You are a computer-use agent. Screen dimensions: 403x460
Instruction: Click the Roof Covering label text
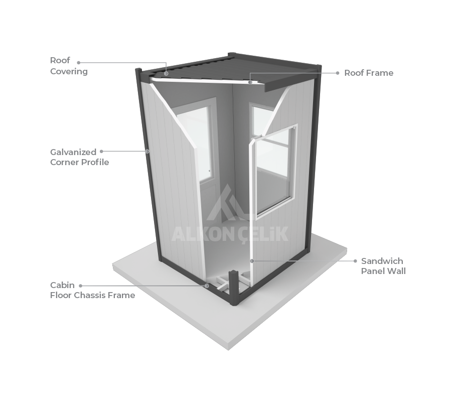(x=68, y=66)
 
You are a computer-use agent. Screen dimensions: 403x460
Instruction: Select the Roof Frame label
(x=368, y=73)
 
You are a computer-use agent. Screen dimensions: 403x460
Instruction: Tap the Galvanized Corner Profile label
(x=79, y=157)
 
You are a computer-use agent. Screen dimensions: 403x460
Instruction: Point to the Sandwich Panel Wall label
(x=383, y=266)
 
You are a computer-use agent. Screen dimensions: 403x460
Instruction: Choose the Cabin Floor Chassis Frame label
(x=92, y=290)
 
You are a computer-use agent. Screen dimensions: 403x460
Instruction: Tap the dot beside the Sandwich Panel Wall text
(x=356, y=261)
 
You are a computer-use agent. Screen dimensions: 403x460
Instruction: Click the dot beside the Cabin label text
(x=80, y=285)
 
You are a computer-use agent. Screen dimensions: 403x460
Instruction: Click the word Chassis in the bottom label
(x=93, y=295)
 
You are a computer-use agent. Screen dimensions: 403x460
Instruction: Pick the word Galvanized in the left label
(x=73, y=152)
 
